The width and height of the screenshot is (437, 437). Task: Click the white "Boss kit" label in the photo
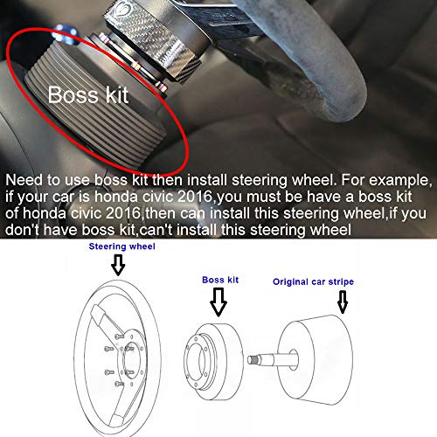[x=88, y=94]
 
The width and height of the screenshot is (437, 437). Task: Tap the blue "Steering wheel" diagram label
[x=121, y=246]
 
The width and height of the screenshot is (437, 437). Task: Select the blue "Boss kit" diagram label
[x=220, y=280]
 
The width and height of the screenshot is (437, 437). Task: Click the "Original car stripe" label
[x=313, y=282]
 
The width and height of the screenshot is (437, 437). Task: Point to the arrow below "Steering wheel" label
[x=118, y=265]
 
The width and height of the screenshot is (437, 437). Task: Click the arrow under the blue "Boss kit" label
[x=218, y=302]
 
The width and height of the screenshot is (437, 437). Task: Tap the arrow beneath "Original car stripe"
[x=343, y=302]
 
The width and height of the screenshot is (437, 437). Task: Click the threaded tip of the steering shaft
[x=253, y=360]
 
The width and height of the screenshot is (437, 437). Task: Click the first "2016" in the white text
[x=195, y=197]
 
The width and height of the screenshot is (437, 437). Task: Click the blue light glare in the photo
[x=65, y=34]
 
